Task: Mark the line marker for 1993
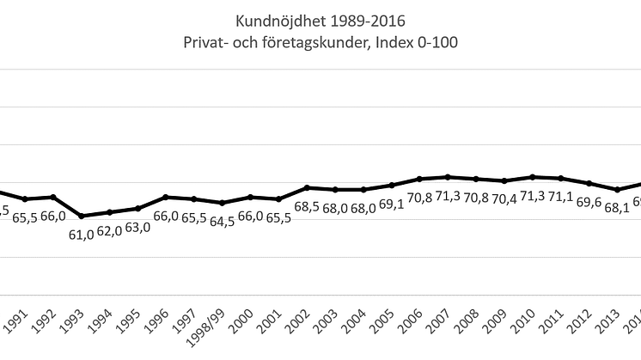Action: pyautogui.click(x=82, y=216)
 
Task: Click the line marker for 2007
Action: pyautogui.click(x=448, y=177)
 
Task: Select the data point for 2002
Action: pyautogui.click(x=307, y=187)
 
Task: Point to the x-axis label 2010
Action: pyautogui.click(x=525, y=322)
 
